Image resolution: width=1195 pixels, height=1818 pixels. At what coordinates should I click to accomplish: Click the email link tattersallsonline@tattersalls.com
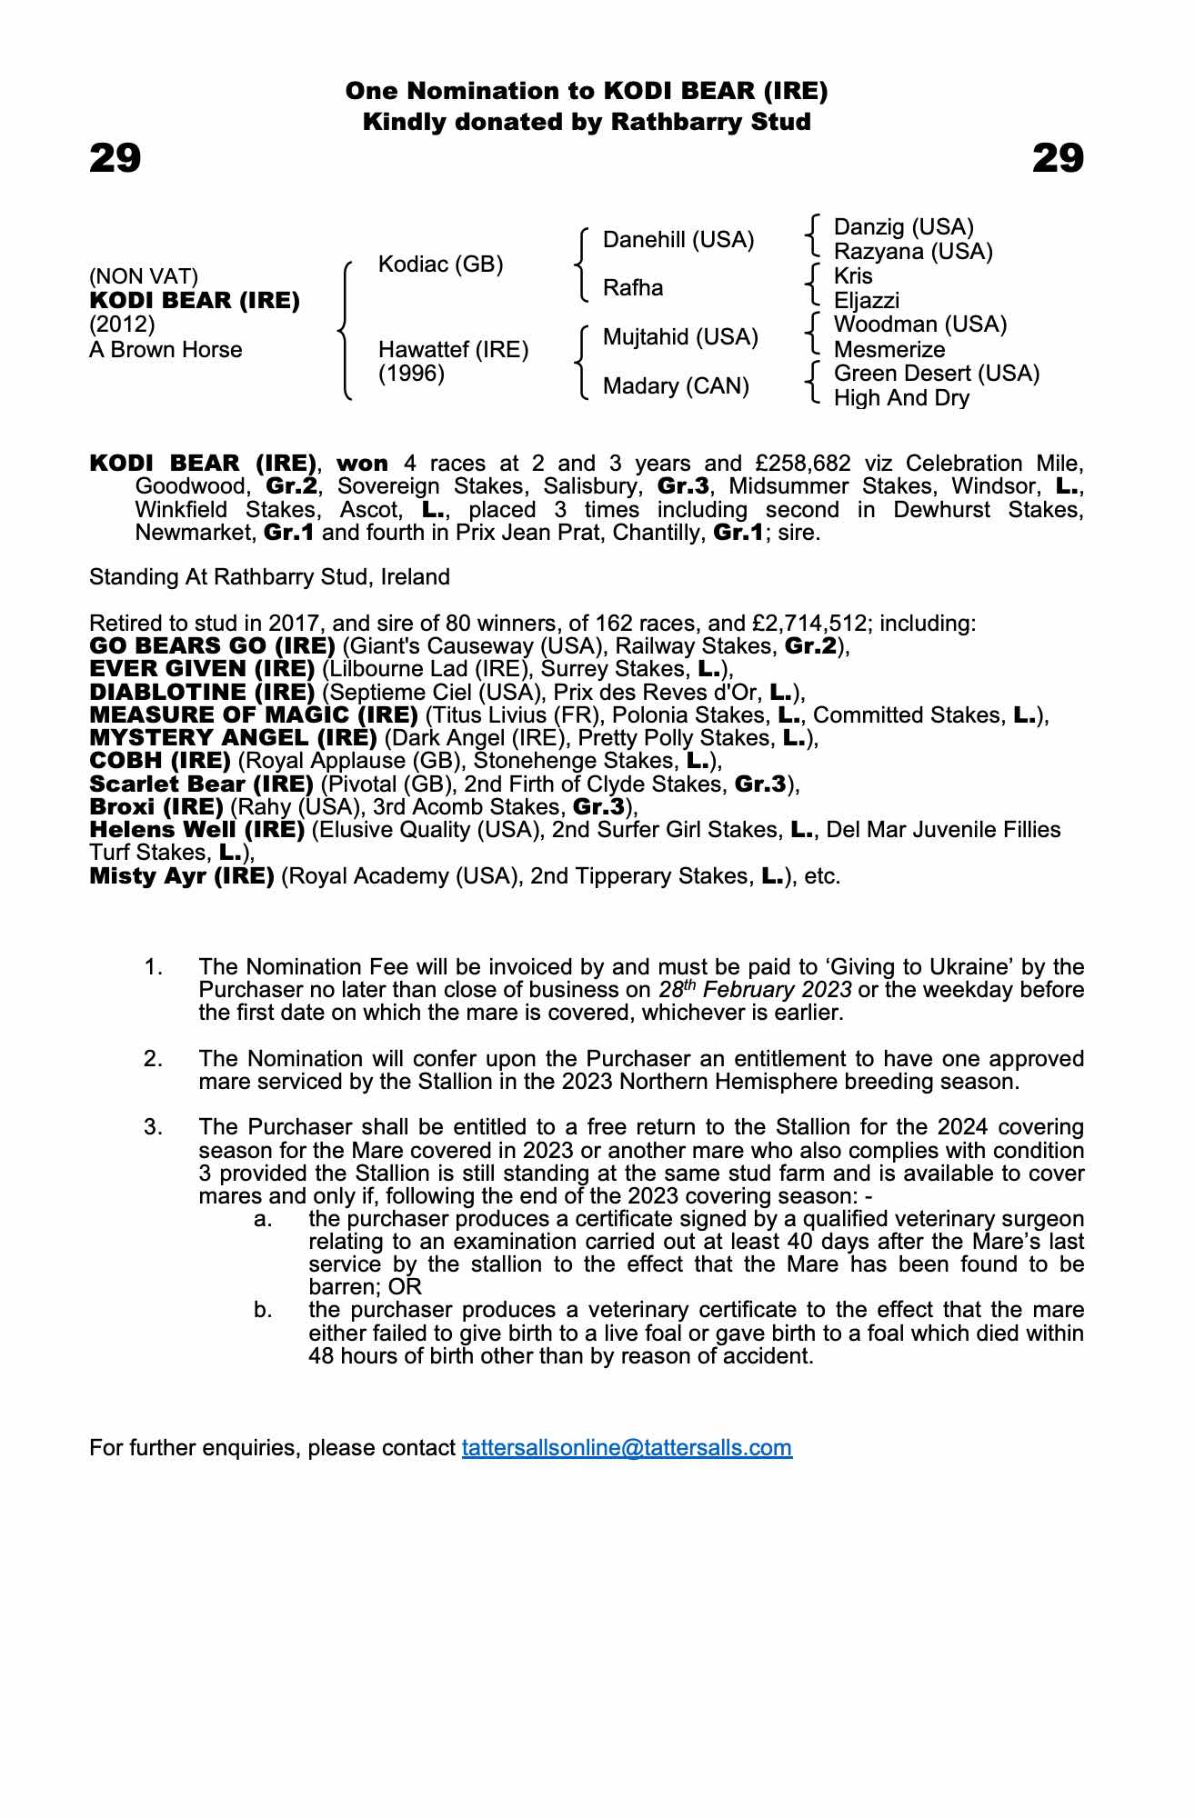[627, 1447]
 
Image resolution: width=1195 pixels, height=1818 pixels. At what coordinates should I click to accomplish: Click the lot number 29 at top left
[115, 158]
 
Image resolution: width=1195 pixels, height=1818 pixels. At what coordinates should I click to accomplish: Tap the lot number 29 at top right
[1058, 158]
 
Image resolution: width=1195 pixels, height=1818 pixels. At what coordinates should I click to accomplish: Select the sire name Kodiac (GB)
[440, 265]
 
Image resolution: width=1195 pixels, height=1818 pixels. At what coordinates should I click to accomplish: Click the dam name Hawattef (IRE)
[453, 350]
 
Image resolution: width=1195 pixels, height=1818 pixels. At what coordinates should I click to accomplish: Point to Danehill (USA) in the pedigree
[678, 240]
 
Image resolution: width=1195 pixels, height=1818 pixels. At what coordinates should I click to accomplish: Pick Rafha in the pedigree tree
[633, 288]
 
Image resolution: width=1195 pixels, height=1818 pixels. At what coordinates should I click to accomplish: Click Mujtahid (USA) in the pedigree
[680, 337]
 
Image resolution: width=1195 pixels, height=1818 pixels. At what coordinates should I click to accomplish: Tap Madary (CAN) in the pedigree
[676, 386]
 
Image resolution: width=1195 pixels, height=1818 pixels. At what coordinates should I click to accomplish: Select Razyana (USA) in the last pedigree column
[913, 252]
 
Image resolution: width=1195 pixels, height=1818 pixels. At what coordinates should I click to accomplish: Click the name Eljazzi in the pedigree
[867, 301]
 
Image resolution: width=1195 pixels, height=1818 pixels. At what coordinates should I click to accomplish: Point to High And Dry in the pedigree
[901, 398]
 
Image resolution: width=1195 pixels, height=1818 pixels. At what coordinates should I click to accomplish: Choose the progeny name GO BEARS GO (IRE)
[212, 646]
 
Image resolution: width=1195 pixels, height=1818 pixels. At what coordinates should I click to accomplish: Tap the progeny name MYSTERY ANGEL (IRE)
[233, 738]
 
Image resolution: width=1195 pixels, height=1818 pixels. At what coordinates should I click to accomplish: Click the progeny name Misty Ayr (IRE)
[182, 876]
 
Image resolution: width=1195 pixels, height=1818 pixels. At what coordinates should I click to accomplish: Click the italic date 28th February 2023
[755, 989]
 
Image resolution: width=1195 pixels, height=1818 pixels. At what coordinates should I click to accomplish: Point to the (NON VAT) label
[144, 276]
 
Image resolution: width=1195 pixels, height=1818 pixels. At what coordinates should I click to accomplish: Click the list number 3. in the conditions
[154, 1127]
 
